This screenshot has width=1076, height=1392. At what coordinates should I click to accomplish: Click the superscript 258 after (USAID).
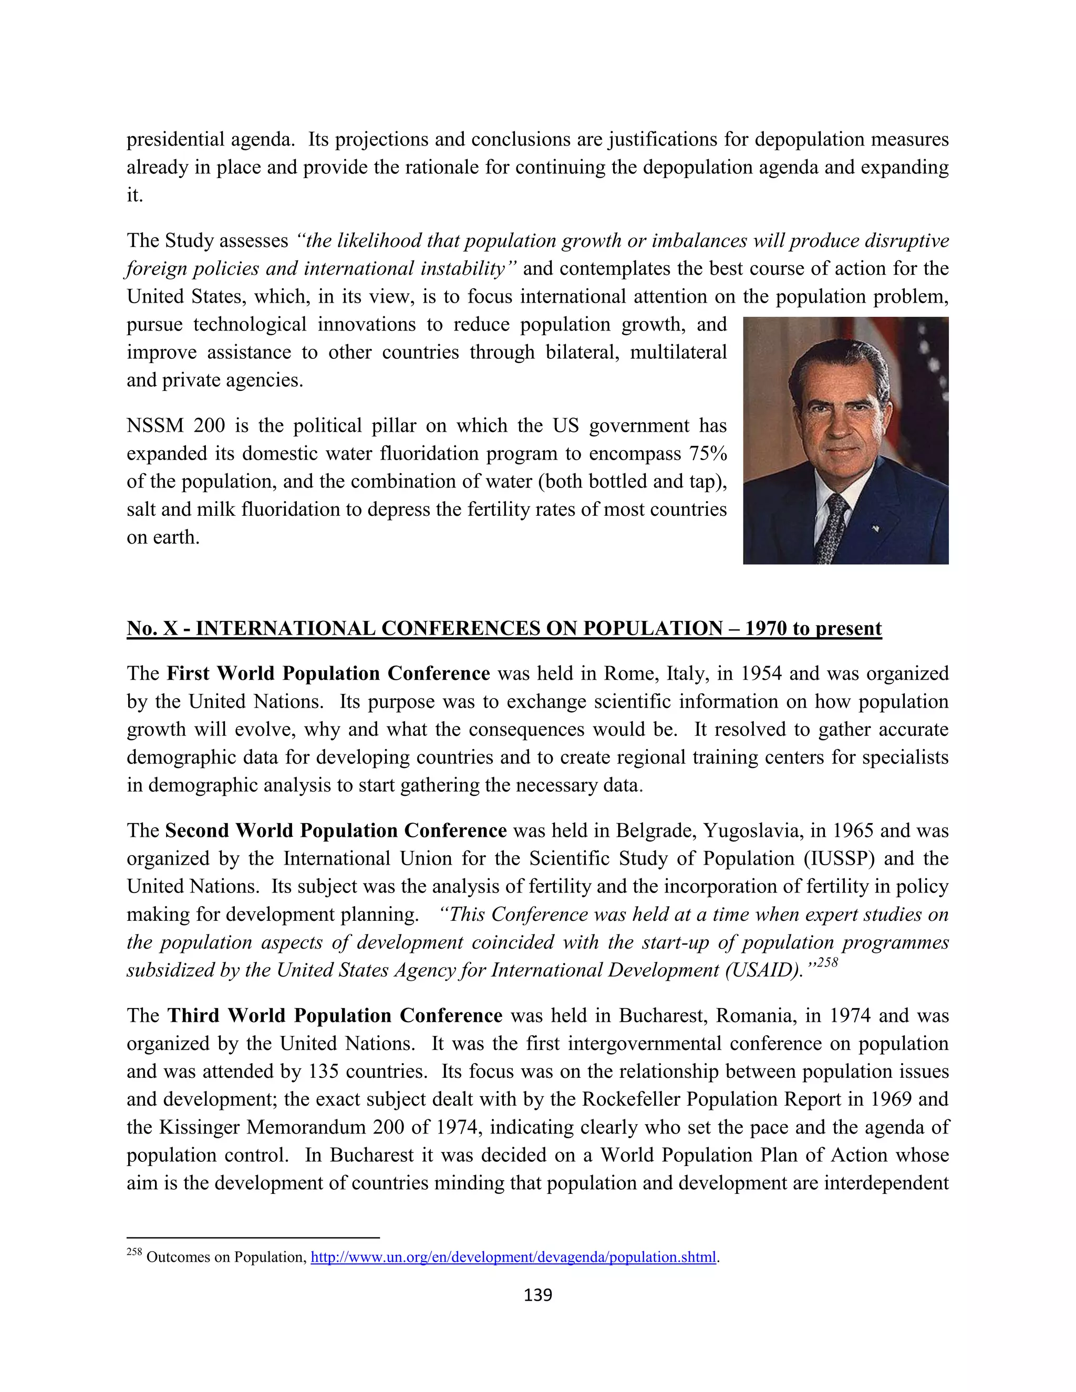[827, 963]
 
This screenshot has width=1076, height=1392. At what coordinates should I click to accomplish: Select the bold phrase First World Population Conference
[328, 674]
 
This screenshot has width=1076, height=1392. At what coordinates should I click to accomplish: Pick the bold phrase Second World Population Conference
[335, 830]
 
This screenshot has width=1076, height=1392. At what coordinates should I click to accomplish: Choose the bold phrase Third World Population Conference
[335, 1015]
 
